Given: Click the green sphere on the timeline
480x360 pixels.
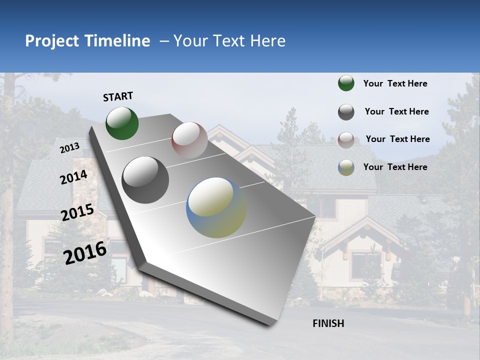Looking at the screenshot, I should pos(122,123).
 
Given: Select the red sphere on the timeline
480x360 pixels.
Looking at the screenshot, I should pos(189,139).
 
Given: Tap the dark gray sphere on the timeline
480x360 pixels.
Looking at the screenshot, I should pos(145,179).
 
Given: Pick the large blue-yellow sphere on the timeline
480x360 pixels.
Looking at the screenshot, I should pos(216,207).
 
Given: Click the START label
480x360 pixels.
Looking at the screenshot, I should pos(118,96).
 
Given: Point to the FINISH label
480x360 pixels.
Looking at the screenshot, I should pos(328,323).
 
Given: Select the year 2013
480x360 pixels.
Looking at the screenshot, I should pos(69,148).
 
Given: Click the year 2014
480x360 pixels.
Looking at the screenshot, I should pos(73,177).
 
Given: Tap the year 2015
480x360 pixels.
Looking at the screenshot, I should pos(77,212).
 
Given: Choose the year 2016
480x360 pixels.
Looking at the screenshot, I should pos(85,252).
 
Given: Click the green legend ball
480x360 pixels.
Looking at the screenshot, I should pos(346,83).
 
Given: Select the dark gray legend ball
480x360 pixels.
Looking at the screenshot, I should pos(346,112).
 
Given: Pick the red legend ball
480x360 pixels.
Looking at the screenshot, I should pos(346,140).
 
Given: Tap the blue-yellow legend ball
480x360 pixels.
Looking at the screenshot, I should pos(346,167).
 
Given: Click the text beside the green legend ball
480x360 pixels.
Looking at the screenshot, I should pos(395,83).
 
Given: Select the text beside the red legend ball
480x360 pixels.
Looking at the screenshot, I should pos(397,139).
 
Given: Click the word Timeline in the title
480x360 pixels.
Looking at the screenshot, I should pos(117,41).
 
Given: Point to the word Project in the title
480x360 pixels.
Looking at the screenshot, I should pos(52,41).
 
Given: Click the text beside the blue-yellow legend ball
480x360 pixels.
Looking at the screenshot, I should pos(395,167).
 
